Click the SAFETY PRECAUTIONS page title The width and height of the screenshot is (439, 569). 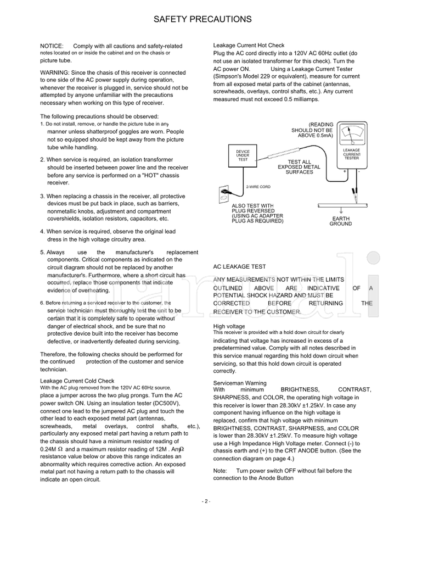click(202, 19)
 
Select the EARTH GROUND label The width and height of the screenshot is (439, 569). click(340, 221)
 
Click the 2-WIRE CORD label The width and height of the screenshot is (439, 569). click(258, 187)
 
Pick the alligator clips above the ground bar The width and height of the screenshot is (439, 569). click(351, 193)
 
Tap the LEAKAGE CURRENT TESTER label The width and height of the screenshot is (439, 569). click(351, 154)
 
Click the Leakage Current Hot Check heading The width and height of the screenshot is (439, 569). click(249, 45)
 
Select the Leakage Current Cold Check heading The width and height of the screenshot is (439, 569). click(77, 381)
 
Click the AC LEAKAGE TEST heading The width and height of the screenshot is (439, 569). click(239, 266)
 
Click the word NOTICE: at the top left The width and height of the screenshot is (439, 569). click(52, 46)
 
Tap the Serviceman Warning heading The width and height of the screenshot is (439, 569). click(240, 383)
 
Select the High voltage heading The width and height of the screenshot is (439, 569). click(229, 326)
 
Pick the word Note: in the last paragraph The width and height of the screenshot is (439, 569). click(219, 471)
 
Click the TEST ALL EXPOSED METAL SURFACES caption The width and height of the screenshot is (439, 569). click(299, 167)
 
